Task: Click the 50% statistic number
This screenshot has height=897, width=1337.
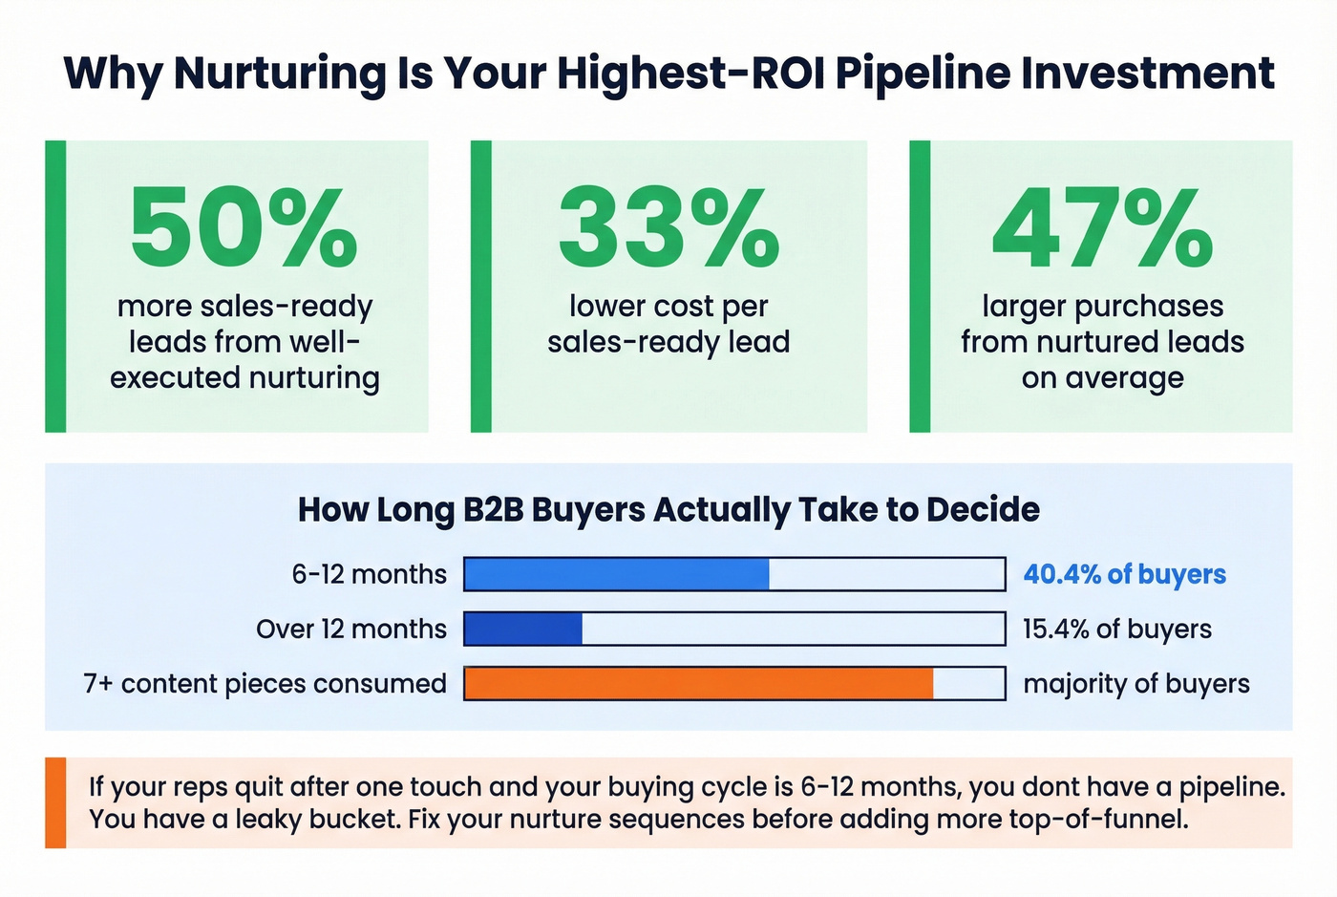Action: point(244,227)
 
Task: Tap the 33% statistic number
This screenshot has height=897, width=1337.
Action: point(668,227)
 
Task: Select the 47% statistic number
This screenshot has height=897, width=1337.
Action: point(1102,227)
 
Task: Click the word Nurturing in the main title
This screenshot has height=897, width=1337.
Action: point(279,74)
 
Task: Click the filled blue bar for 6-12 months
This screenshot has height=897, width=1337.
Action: point(616,574)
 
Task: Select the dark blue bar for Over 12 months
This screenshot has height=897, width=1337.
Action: point(523,629)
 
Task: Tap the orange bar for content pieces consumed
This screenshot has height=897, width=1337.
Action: point(698,684)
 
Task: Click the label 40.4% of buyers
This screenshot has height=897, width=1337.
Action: point(1124,574)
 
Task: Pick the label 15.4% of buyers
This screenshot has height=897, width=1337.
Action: point(1116,629)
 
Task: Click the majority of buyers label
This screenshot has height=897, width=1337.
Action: point(1135,684)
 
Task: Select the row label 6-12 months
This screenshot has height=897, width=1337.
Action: point(369,574)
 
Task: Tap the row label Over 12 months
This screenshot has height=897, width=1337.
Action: point(350,629)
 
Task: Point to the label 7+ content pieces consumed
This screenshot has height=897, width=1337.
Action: point(265,684)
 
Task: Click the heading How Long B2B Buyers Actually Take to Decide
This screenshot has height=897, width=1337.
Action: point(668,509)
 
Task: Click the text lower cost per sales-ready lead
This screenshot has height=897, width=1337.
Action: point(668,324)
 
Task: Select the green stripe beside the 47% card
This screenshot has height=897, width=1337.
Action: point(920,287)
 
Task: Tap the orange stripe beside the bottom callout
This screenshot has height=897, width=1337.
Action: point(55,802)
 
